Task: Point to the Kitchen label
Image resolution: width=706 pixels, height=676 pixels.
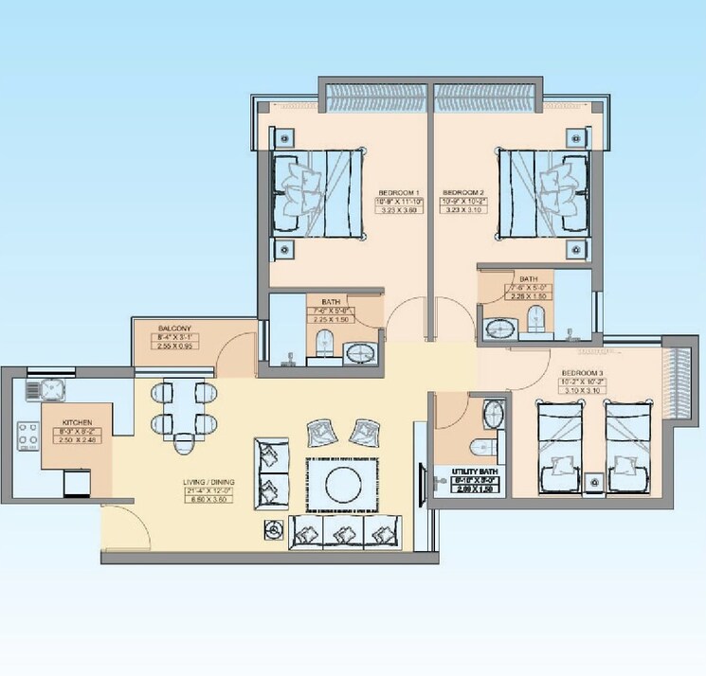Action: (77, 422)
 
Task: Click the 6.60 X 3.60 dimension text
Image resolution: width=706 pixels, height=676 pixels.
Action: (208, 499)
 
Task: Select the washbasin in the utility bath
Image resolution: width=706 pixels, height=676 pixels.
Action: (494, 414)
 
